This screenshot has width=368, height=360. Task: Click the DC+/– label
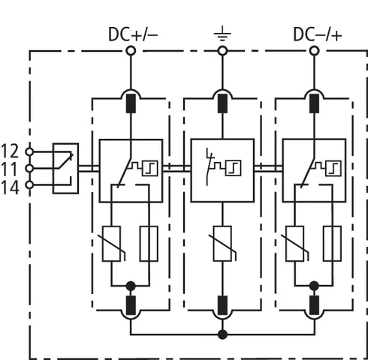point(133,34)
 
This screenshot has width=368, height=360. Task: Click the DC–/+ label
point(318,34)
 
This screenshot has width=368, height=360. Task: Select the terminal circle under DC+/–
point(131,51)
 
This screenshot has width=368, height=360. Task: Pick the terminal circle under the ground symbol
point(222,51)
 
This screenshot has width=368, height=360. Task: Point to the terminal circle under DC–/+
point(315,51)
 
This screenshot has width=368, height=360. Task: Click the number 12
point(10,151)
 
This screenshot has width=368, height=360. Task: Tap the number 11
point(10,169)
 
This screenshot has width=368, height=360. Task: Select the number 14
point(11,187)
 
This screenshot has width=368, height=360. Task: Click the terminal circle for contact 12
point(29,151)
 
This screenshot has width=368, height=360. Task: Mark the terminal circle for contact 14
point(29,185)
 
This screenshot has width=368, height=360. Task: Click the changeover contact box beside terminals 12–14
point(65,168)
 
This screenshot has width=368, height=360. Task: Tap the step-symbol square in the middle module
point(234,168)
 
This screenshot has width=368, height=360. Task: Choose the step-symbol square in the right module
point(333,168)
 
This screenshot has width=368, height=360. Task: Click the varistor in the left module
point(113,244)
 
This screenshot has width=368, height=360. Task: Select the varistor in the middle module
point(222,244)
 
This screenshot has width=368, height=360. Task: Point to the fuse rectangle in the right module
point(332,244)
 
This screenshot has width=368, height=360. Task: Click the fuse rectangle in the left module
point(149,244)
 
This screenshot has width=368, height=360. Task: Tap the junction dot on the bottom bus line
point(222,334)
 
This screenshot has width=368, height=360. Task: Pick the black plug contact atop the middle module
point(222,103)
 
